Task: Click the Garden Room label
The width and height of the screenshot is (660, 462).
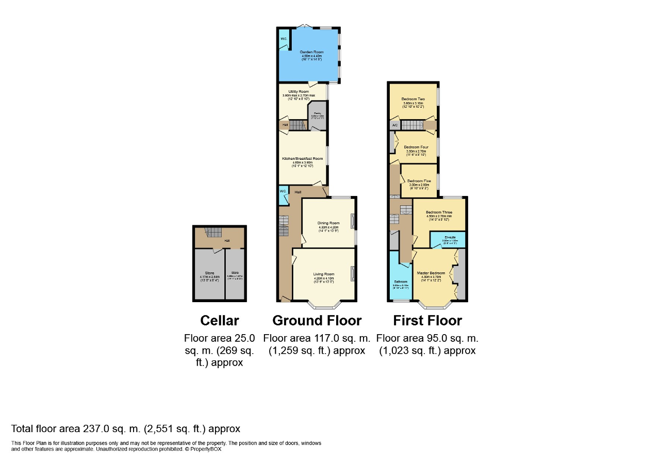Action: pyautogui.click(x=311, y=52)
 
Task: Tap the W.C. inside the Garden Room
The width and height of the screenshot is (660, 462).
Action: pyautogui.click(x=284, y=40)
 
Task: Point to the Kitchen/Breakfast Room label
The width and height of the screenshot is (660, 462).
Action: pyautogui.click(x=302, y=158)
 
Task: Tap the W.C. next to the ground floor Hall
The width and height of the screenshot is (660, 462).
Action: pyautogui.click(x=283, y=191)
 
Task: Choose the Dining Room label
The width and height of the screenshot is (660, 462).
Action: pyautogui.click(x=328, y=223)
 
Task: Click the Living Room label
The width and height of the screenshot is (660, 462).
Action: pyautogui.click(x=324, y=274)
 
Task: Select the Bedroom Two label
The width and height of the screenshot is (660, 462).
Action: pyautogui.click(x=413, y=99)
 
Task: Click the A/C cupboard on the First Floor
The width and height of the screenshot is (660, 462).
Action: pyautogui.click(x=394, y=125)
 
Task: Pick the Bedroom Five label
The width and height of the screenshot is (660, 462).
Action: pyautogui.click(x=419, y=181)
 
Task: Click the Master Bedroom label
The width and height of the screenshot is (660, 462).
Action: pyautogui.click(x=431, y=272)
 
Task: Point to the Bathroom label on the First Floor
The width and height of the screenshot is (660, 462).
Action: pyautogui.click(x=401, y=282)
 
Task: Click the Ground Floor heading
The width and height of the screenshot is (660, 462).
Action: pyautogui.click(x=317, y=320)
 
